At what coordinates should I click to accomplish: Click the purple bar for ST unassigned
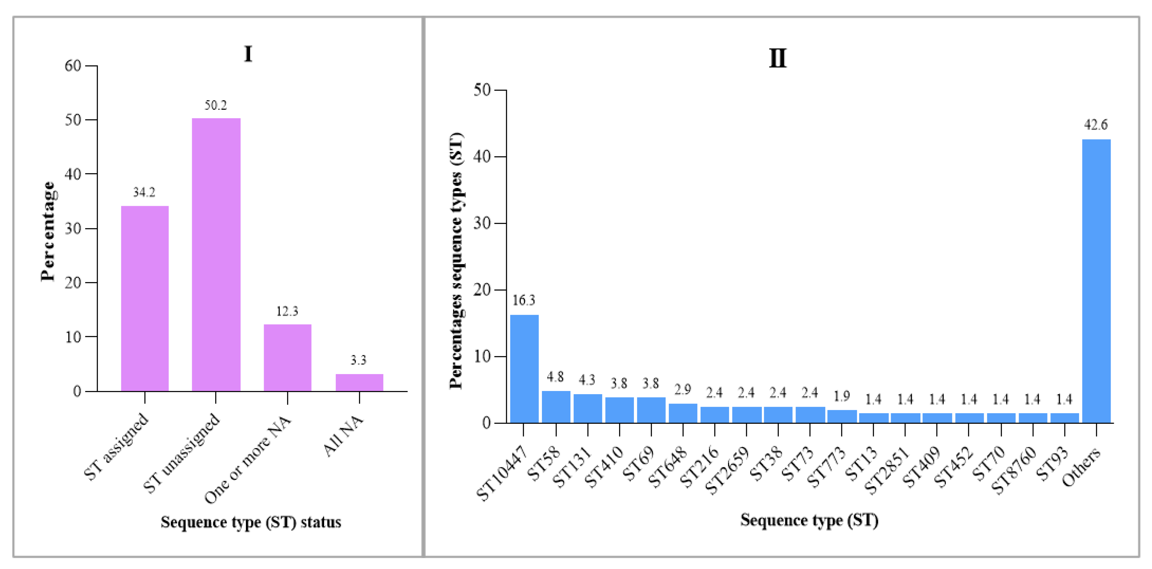pyautogui.click(x=216, y=255)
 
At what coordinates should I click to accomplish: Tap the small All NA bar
pyautogui.click(x=359, y=383)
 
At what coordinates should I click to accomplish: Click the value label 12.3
pyautogui.click(x=287, y=311)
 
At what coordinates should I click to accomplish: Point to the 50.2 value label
pyautogui.click(x=216, y=105)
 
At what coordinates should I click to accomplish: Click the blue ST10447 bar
pyautogui.click(x=524, y=369)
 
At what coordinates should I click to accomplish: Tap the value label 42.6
pyautogui.click(x=1096, y=125)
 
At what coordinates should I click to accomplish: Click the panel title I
pyautogui.click(x=248, y=54)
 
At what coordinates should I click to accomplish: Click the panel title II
pyautogui.click(x=777, y=58)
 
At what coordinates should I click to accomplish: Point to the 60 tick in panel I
pyautogui.click(x=73, y=66)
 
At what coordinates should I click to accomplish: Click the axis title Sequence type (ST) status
pyautogui.click(x=251, y=522)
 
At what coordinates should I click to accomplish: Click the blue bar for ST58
pyautogui.click(x=556, y=407)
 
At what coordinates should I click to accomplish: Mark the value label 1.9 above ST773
pyautogui.click(x=842, y=396)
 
